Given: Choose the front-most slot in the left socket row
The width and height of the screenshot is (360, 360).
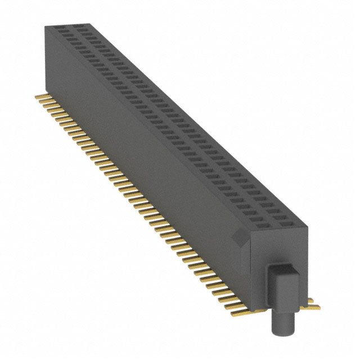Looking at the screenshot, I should click(264, 223).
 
